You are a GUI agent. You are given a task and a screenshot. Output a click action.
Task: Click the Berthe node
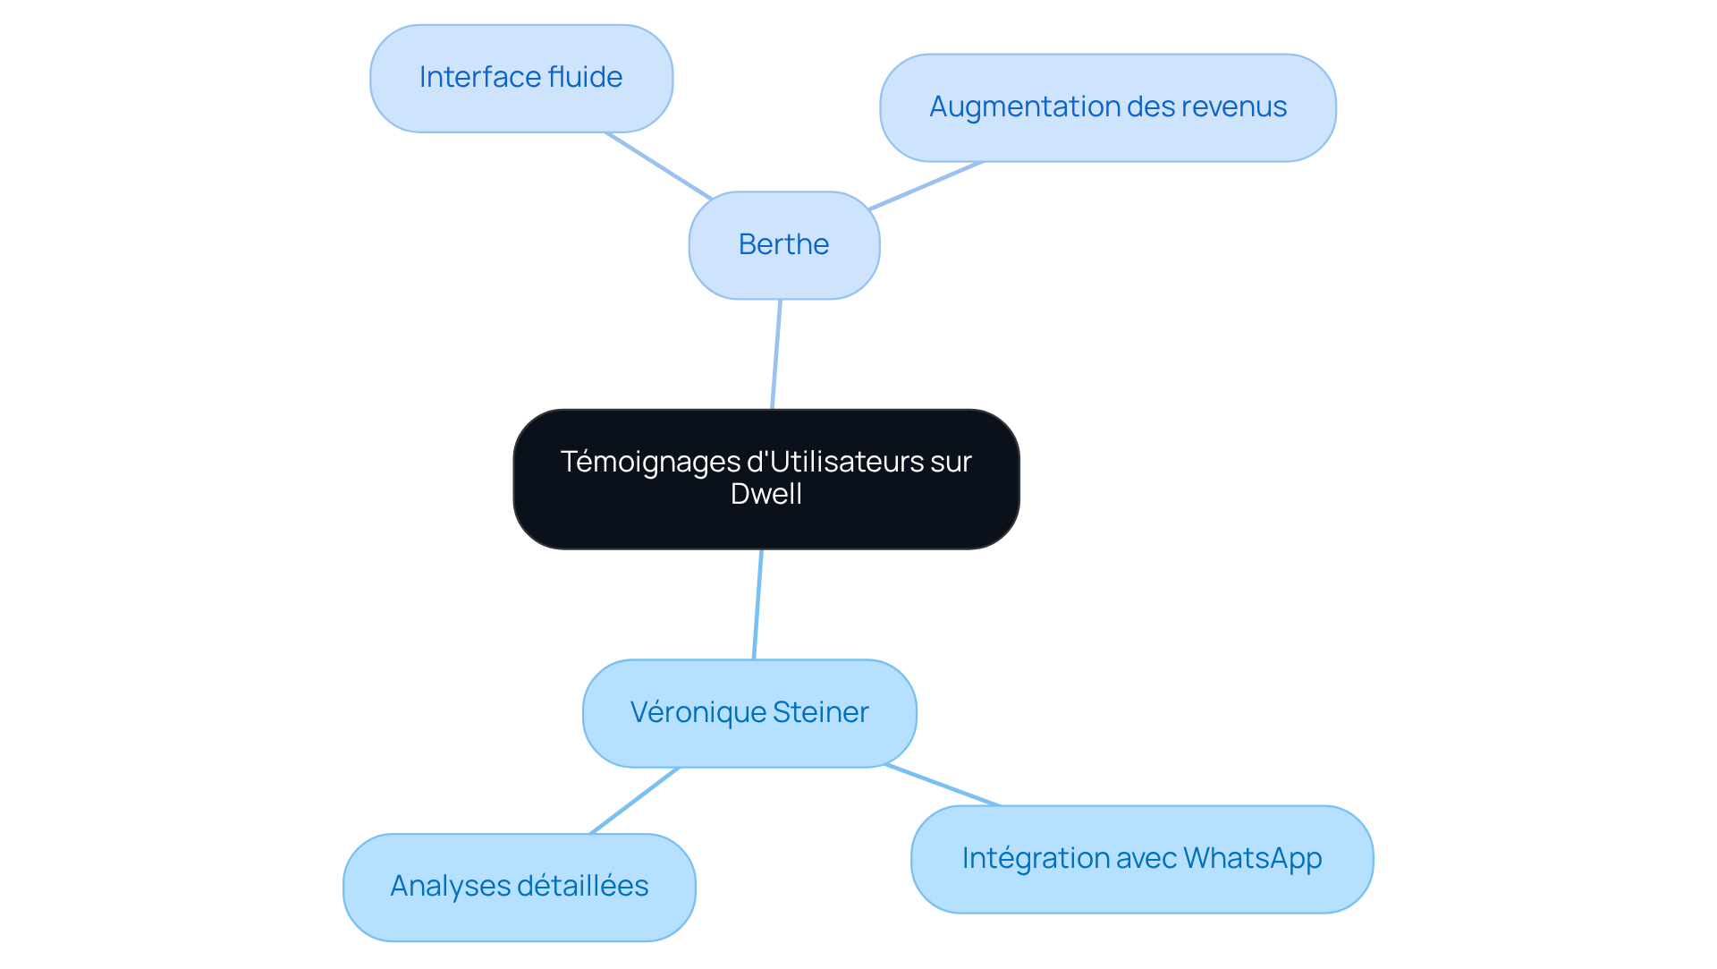pos(784,245)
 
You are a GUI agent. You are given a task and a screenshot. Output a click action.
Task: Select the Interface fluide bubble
pos(521,79)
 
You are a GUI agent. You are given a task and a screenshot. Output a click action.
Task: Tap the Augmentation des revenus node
pos(1108,108)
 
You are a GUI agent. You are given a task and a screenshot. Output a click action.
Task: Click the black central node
pos(766,480)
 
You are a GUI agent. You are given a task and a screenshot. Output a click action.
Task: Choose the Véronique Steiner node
pos(749,713)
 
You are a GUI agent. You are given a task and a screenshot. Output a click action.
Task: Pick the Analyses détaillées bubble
pos(520,888)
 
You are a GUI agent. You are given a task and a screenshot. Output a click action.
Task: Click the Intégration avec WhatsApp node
pos(1142,859)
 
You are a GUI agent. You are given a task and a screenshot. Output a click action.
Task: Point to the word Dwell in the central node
pos(766,495)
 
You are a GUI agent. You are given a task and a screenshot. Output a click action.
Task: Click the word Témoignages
pos(650,463)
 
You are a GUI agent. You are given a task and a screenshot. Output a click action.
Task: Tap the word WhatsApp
pos(1253,859)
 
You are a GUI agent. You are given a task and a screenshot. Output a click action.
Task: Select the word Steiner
pos(821,712)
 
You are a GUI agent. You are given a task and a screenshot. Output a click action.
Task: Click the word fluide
pos(585,77)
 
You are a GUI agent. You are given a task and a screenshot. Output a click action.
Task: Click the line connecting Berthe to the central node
pos(776,354)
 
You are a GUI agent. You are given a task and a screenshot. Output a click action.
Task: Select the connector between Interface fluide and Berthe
pos(659,166)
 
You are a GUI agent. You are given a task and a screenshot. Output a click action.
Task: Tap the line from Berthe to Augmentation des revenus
pos(926,186)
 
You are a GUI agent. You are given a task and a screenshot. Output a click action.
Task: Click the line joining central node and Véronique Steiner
pos(757,604)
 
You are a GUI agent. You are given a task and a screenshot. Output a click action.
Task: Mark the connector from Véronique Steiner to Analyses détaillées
pos(635,801)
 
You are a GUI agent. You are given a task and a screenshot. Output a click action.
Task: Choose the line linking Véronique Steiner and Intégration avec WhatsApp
pos(943,786)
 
